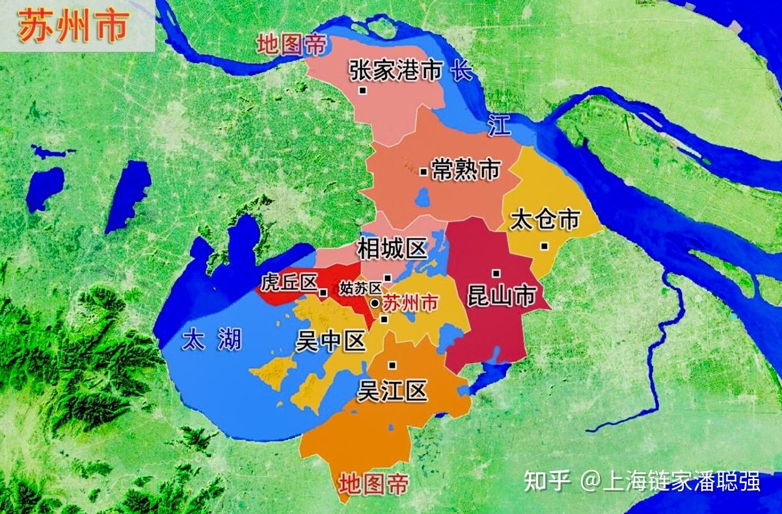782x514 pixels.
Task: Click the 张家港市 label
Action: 396,71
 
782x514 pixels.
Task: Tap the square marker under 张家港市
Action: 363,90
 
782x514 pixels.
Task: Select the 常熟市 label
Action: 465,170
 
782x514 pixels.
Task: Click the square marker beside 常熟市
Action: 423,172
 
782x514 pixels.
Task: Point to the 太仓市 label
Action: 545,219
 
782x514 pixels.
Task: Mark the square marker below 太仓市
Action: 544,245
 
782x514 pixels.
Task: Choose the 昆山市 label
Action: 501,297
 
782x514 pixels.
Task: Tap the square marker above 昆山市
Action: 496,273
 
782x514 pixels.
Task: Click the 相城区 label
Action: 392,248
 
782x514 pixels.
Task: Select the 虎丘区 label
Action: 289,283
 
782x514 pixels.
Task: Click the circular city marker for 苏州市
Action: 375,303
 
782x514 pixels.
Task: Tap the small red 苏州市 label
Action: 410,303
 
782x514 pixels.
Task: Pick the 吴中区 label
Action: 330,341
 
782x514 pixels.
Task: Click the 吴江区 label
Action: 392,390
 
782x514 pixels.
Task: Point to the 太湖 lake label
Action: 211,340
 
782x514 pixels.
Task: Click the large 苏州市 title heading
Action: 74,27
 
